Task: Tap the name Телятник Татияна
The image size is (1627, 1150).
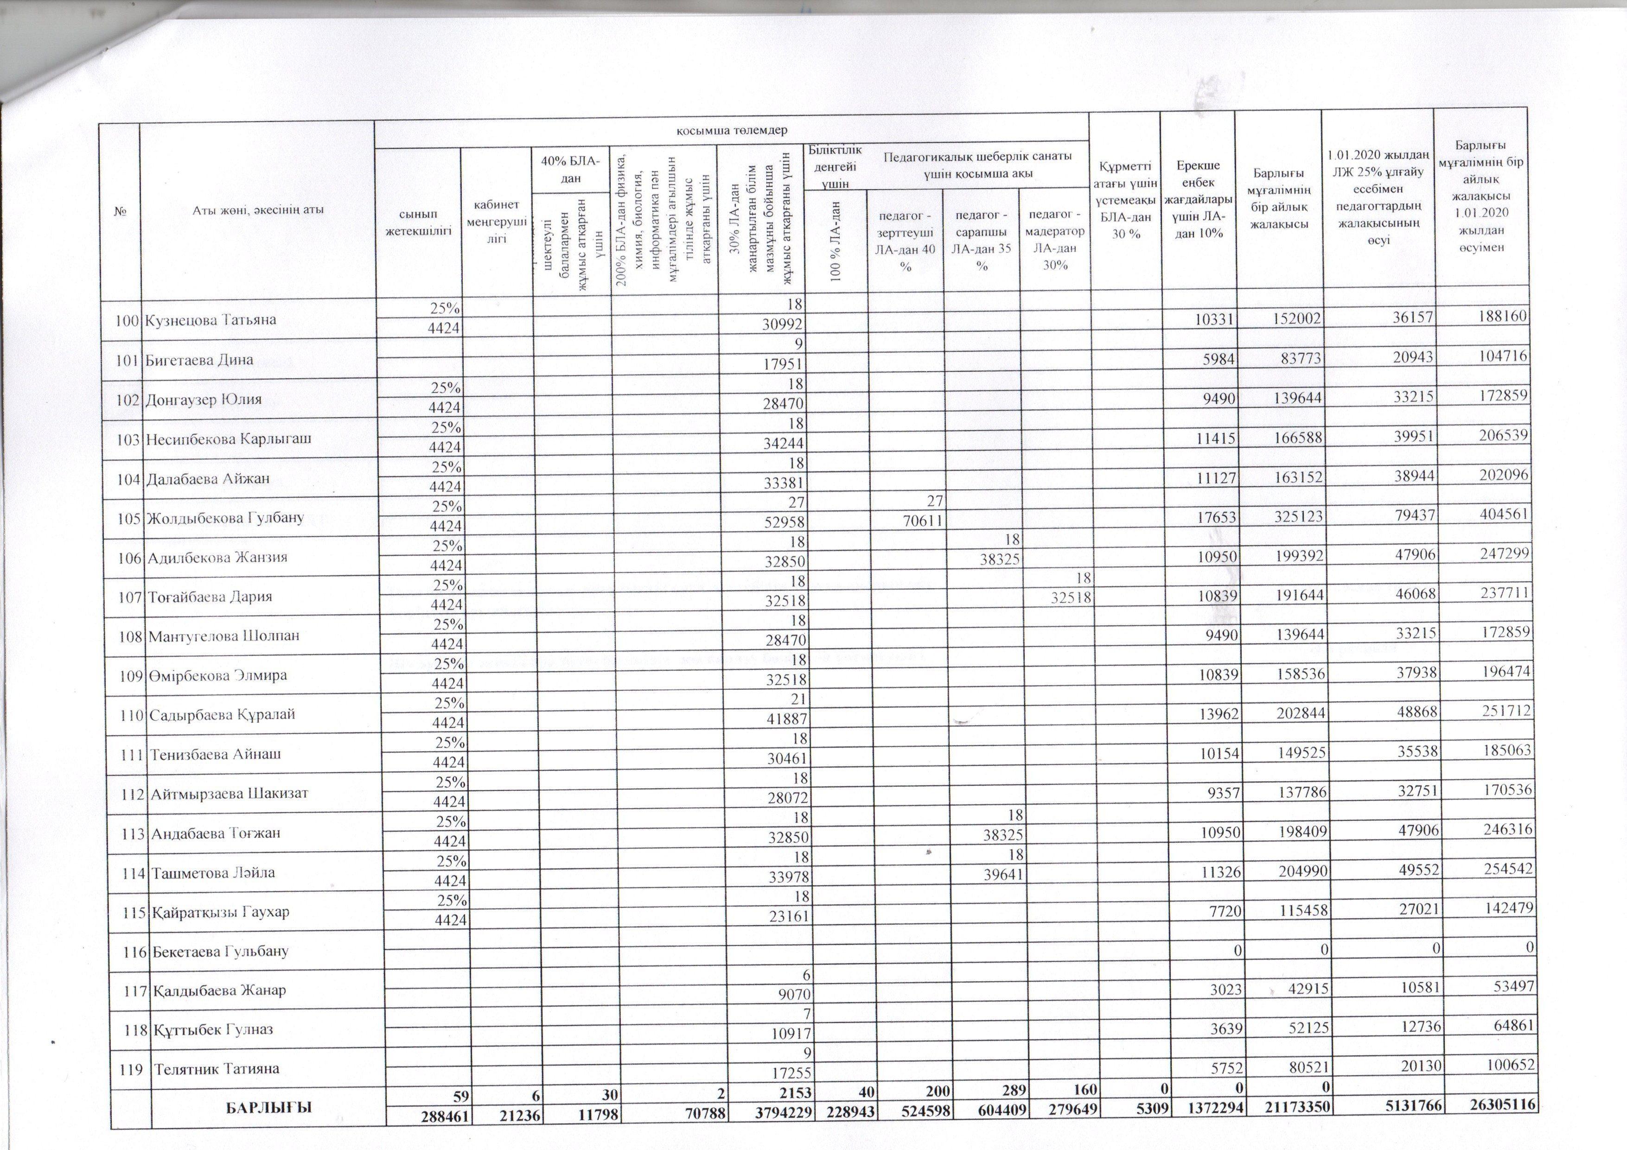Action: tap(217, 1068)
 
